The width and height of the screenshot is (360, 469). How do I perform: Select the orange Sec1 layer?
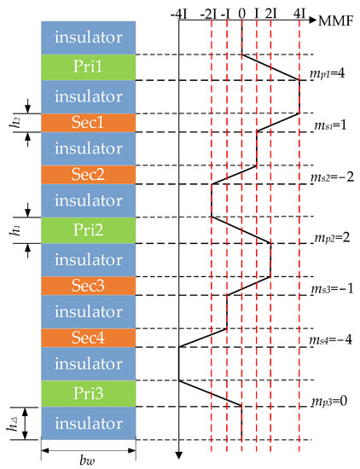(x=87, y=123)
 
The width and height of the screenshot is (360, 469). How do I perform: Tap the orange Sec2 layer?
(x=87, y=175)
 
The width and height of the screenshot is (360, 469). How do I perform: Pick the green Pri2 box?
(x=87, y=229)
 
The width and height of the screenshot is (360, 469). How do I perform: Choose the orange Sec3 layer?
(x=87, y=285)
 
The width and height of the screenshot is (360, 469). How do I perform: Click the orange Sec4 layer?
(x=87, y=338)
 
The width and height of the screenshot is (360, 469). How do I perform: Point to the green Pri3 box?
(x=87, y=393)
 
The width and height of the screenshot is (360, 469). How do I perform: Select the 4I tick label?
(x=299, y=14)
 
